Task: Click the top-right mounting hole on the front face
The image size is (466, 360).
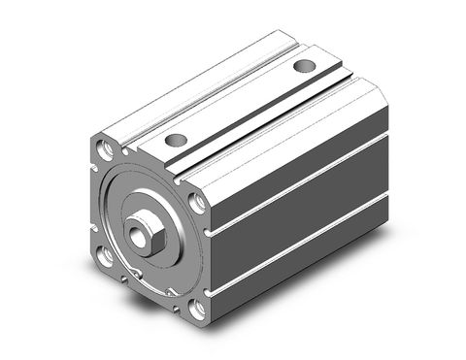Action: click(197, 205)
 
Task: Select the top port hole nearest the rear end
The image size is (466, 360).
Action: click(305, 67)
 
